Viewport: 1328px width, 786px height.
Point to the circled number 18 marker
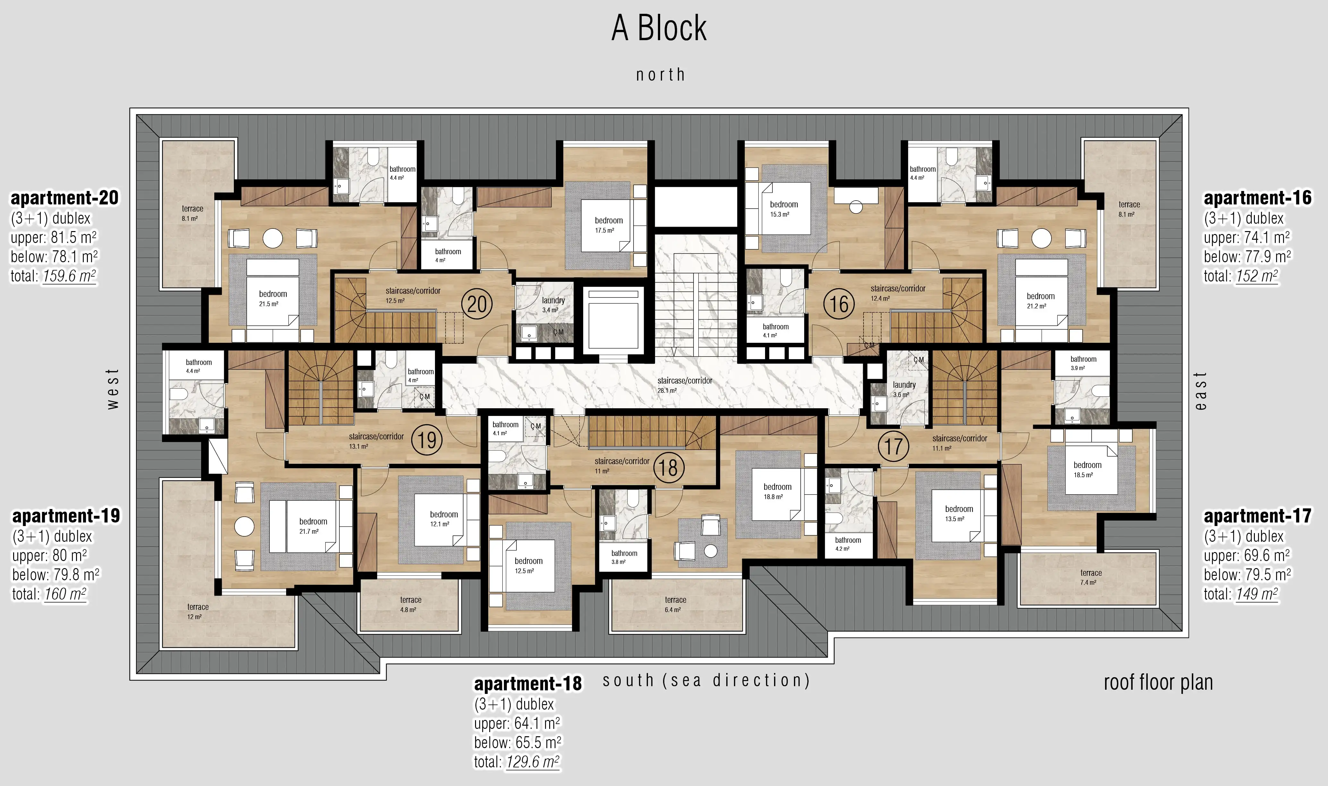click(x=668, y=468)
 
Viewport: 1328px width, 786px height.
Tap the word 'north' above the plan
click(x=660, y=75)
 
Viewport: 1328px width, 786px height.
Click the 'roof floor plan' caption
click(x=1158, y=683)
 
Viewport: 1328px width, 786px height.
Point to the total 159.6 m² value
click(x=69, y=276)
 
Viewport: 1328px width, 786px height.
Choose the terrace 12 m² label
click(x=197, y=611)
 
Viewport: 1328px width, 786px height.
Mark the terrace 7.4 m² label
click(x=1090, y=577)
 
